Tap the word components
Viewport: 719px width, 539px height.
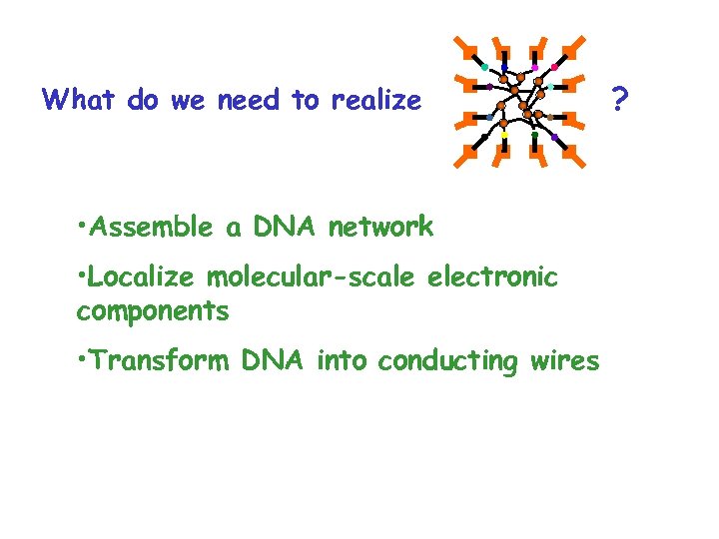pyautogui.click(x=153, y=310)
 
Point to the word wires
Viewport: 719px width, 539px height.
pyautogui.click(x=563, y=360)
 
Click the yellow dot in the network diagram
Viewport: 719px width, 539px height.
pyautogui.click(x=504, y=135)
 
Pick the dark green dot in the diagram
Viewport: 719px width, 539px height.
pyautogui.click(x=535, y=133)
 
